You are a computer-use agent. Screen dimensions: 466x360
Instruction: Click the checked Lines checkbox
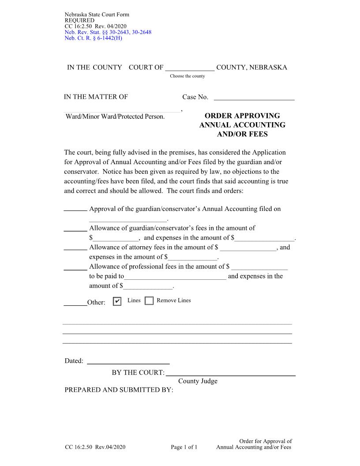pyautogui.click(x=117, y=301)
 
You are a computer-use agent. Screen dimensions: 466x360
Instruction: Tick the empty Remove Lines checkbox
pyautogui.click(x=149, y=301)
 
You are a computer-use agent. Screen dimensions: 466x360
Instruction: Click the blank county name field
pyautogui.click(x=190, y=68)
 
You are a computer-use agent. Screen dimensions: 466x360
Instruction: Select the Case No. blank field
pyautogui.click(x=254, y=97)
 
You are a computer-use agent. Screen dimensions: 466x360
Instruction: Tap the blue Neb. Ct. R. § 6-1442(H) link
pyautogui.click(x=93, y=38)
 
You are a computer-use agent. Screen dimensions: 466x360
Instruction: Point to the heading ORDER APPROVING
pyautogui.click(x=242, y=116)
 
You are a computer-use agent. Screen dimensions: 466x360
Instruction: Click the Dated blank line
pyautogui.click(x=128, y=361)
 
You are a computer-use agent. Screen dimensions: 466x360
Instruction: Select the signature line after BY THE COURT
pyautogui.click(x=230, y=372)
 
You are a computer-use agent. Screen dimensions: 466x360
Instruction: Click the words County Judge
pyautogui.click(x=198, y=381)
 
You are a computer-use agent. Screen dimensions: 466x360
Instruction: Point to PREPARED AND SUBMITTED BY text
pyautogui.click(x=119, y=390)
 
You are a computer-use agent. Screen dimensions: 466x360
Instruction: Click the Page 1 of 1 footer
pyautogui.click(x=184, y=447)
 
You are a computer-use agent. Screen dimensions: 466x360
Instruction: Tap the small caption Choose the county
pyautogui.click(x=187, y=76)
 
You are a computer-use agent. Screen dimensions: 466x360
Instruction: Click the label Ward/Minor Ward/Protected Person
pyautogui.click(x=115, y=116)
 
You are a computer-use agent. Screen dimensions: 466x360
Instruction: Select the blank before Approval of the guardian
pyautogui.click(x=75, y=209)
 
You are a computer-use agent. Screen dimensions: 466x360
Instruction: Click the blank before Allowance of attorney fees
pyautogui.click(x=75, y=248)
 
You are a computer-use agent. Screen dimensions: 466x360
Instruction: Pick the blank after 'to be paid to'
pyautogui.click(x=176, y=277)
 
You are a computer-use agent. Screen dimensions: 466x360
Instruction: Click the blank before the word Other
pyautogui.click(x=75, y=303)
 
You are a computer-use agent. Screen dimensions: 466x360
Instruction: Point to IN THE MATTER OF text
pyautogui.click(x=96, y=97)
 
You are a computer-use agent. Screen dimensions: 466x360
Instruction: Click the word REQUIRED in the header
pyautogui.click(x=79, y=20)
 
